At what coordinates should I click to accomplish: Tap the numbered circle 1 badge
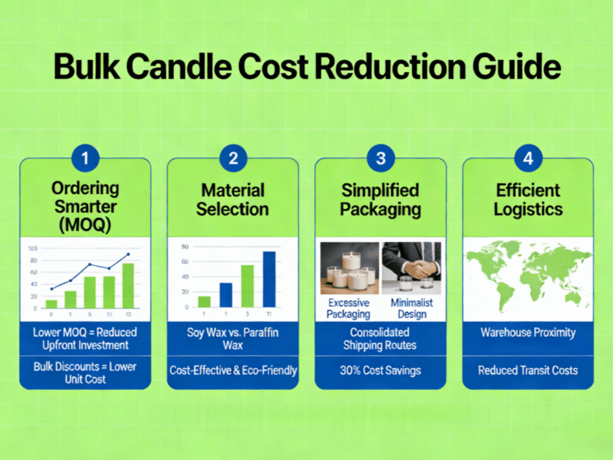85,158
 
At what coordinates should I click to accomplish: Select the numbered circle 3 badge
380,158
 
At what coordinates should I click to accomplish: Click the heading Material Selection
232,200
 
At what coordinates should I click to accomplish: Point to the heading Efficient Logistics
528,200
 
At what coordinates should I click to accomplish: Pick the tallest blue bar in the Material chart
269,279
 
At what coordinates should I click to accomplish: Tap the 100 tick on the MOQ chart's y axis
33,248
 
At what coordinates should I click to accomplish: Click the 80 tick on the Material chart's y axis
185,247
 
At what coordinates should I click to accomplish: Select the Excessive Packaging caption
349,309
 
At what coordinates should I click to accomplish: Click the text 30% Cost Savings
380,371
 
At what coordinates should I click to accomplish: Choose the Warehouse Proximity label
528,331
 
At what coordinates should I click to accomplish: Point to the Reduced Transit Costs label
528,371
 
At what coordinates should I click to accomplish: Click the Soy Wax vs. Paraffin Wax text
232,338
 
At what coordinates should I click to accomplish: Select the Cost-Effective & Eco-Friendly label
232,371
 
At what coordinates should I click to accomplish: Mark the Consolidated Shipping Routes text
380,338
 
